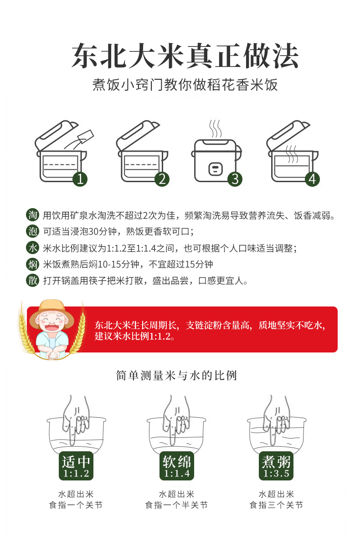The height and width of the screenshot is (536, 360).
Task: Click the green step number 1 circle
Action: (x=80, y=179)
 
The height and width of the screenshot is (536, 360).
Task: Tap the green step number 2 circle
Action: (x=162, y=179)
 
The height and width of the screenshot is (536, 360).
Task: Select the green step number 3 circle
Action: (x=235, y=179)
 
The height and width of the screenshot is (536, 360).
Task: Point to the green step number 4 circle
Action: (x=312, y=179)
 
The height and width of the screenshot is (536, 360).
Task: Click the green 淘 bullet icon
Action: (x=33, y=215)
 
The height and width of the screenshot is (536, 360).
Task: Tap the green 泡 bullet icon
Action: (x=33, y=231)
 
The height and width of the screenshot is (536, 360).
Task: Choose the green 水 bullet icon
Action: (x=33, y=248)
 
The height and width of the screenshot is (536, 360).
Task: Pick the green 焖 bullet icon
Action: (x=33, y=264)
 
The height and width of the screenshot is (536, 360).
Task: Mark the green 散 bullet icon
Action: (x=33, y=281)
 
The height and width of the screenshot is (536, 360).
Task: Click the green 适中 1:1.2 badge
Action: (x=76, y=466)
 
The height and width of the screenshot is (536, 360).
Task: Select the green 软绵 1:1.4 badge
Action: (x=176, y=466)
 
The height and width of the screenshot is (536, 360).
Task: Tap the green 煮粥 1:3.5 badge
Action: (x=276, y=466)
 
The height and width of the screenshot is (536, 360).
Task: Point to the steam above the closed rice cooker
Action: (x=216, y=128)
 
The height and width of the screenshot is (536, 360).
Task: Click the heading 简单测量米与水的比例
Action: (x=176, y=375)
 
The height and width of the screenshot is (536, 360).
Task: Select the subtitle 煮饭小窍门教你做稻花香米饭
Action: (x=185, y=85)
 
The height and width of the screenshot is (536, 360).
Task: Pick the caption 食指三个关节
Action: (x=276, y=505)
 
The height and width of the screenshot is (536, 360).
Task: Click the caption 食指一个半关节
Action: (x=176, y=505)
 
